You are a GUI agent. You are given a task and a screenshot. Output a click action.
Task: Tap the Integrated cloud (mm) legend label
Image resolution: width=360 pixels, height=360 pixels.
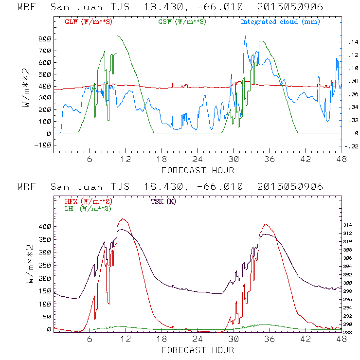point(280,21)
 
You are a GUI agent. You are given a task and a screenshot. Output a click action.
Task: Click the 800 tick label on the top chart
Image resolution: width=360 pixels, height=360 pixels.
point(45,39)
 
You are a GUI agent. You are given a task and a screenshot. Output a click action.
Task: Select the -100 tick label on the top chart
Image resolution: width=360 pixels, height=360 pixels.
point(43,145)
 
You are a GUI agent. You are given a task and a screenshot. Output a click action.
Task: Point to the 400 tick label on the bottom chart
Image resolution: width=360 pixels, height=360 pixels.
point(45,227)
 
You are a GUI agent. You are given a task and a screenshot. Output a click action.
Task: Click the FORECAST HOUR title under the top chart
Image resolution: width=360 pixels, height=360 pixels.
point(198,170)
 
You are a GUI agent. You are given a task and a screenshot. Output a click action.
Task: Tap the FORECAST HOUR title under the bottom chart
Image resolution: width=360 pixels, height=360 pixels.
point(198,350)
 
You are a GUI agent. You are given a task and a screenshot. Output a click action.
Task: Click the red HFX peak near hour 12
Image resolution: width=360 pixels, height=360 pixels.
point(123,219)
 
